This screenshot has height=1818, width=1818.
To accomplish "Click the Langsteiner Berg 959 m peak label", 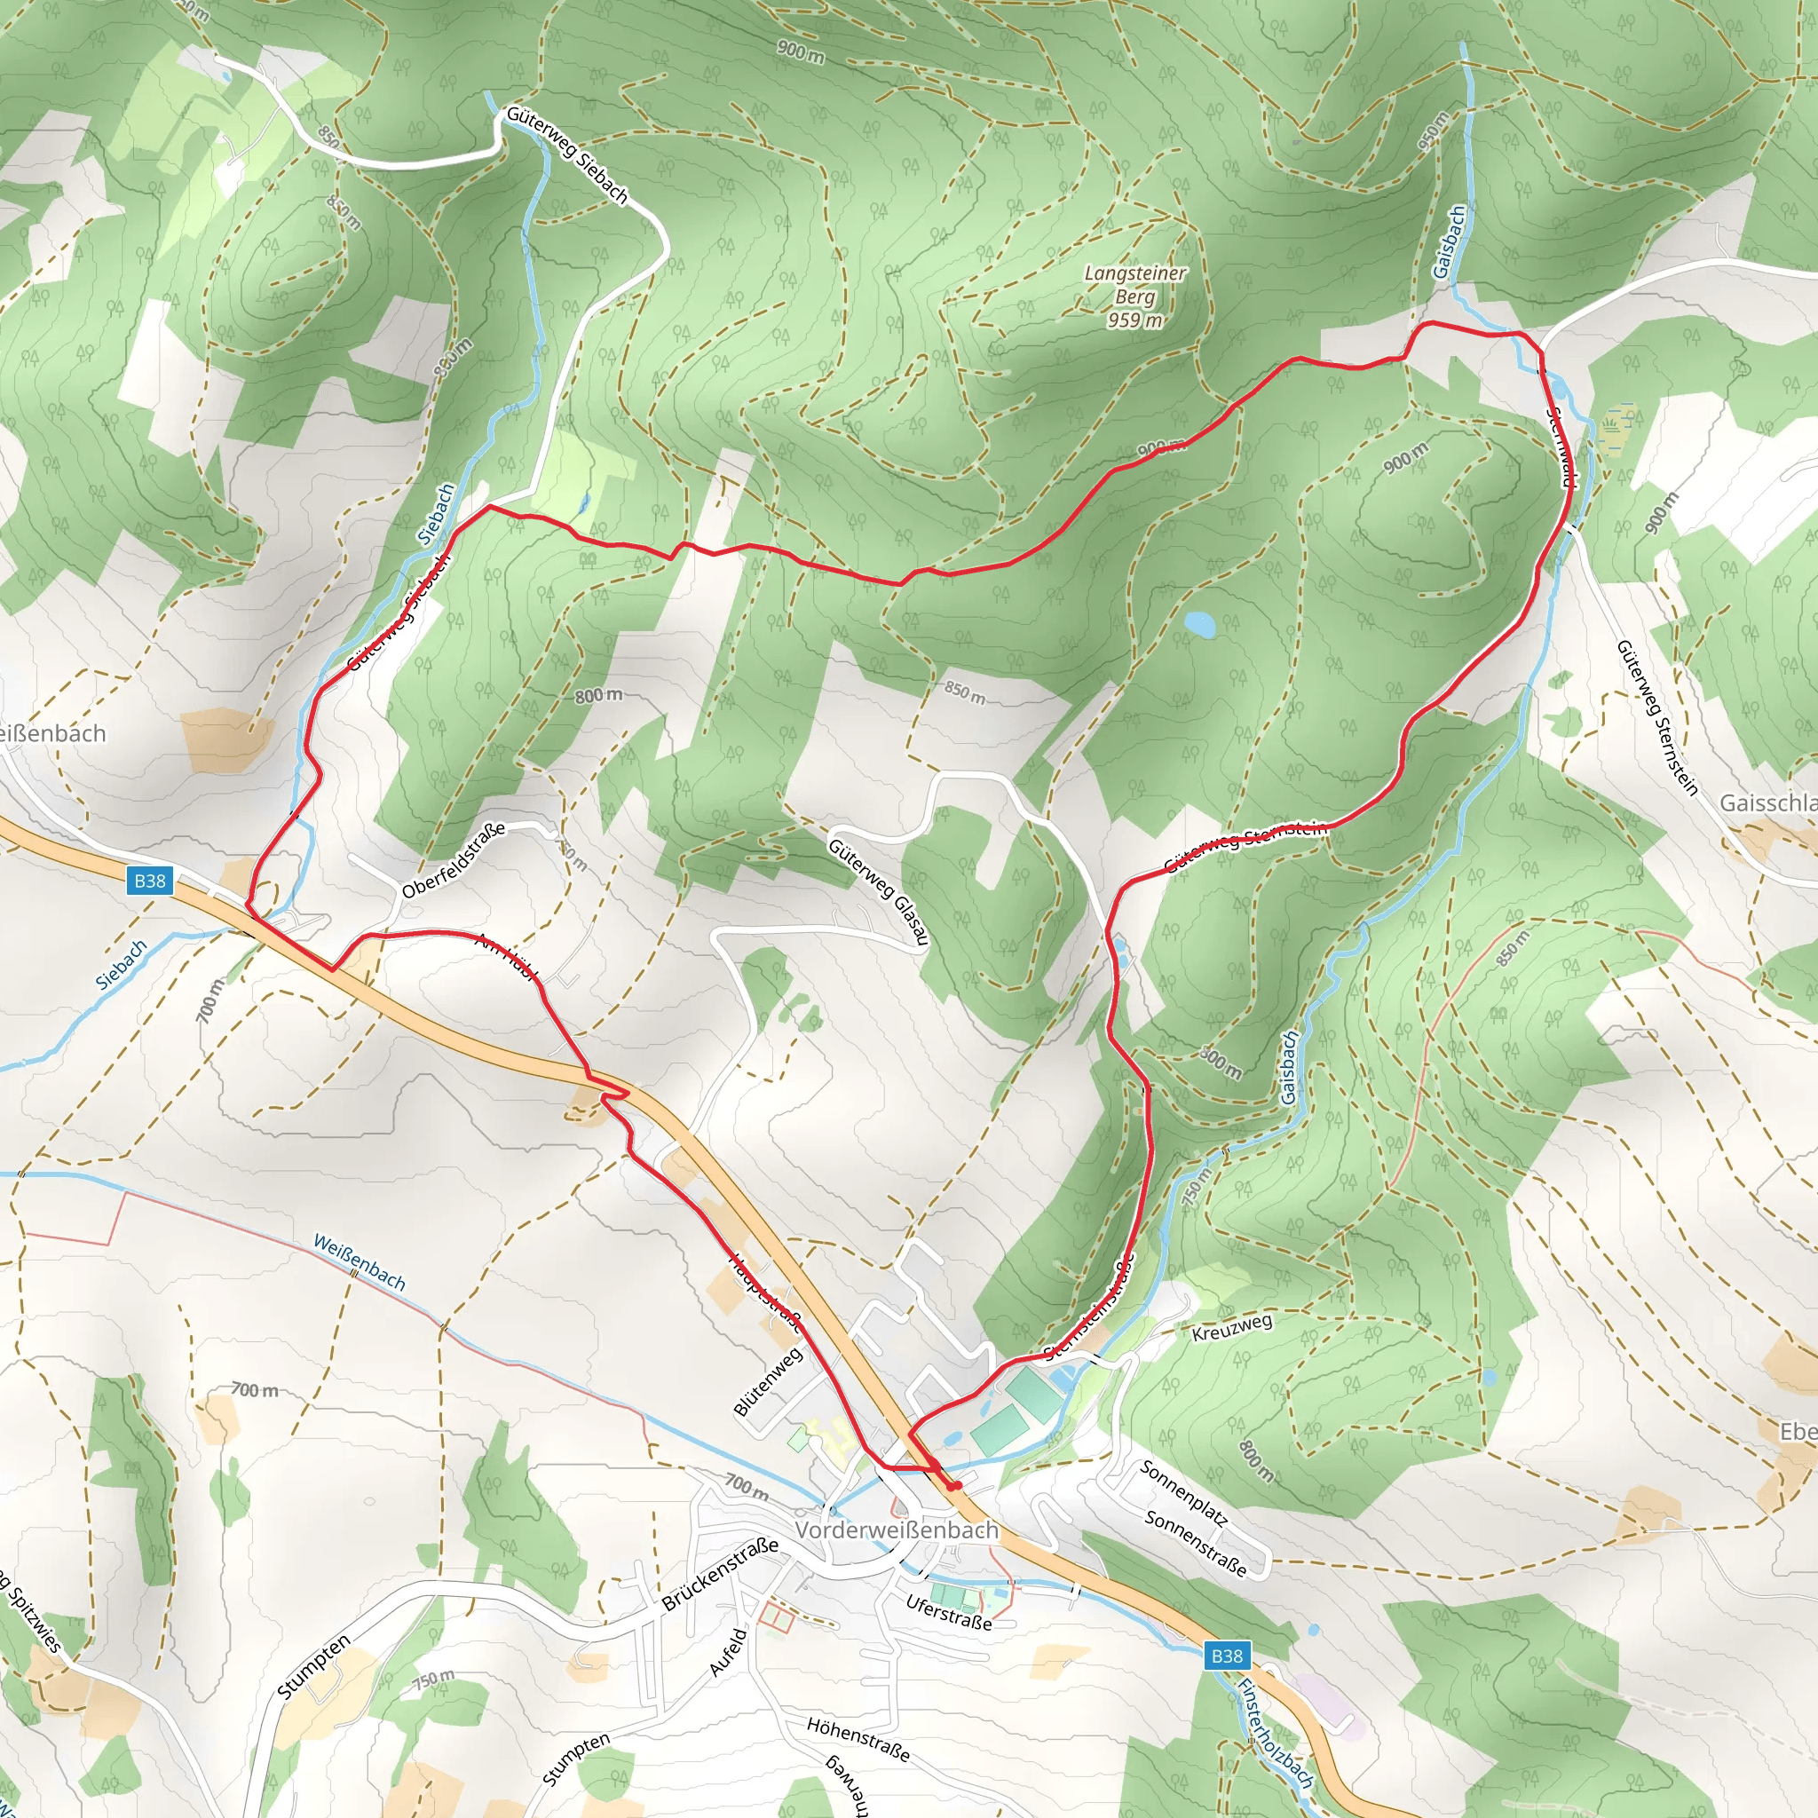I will coord(1134,296).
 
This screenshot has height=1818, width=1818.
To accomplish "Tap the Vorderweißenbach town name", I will coord(897,1530).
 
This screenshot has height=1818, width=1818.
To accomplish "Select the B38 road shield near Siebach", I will coord(150,881).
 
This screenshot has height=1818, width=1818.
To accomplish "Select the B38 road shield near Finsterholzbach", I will coord(1226,1656).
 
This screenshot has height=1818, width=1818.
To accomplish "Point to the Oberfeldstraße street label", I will coord(454,859).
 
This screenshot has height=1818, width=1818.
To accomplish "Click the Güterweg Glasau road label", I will coord(879,889).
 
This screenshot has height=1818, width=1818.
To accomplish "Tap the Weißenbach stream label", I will coord(360,1263).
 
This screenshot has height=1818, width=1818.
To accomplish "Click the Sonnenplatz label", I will coord(1184,1492).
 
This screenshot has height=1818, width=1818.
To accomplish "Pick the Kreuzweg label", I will coord(1232,1328).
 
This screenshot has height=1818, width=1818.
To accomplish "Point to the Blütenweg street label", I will coord(768,1381).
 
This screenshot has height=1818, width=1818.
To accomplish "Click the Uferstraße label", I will coord(949,1613).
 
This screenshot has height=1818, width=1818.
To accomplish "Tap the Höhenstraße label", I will coord(858,1739).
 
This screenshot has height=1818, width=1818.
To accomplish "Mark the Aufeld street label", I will coord(727,1652).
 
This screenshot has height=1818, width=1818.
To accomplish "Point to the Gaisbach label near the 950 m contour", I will coord(1449,241).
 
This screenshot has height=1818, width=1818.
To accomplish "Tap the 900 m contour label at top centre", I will coord(801,51).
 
